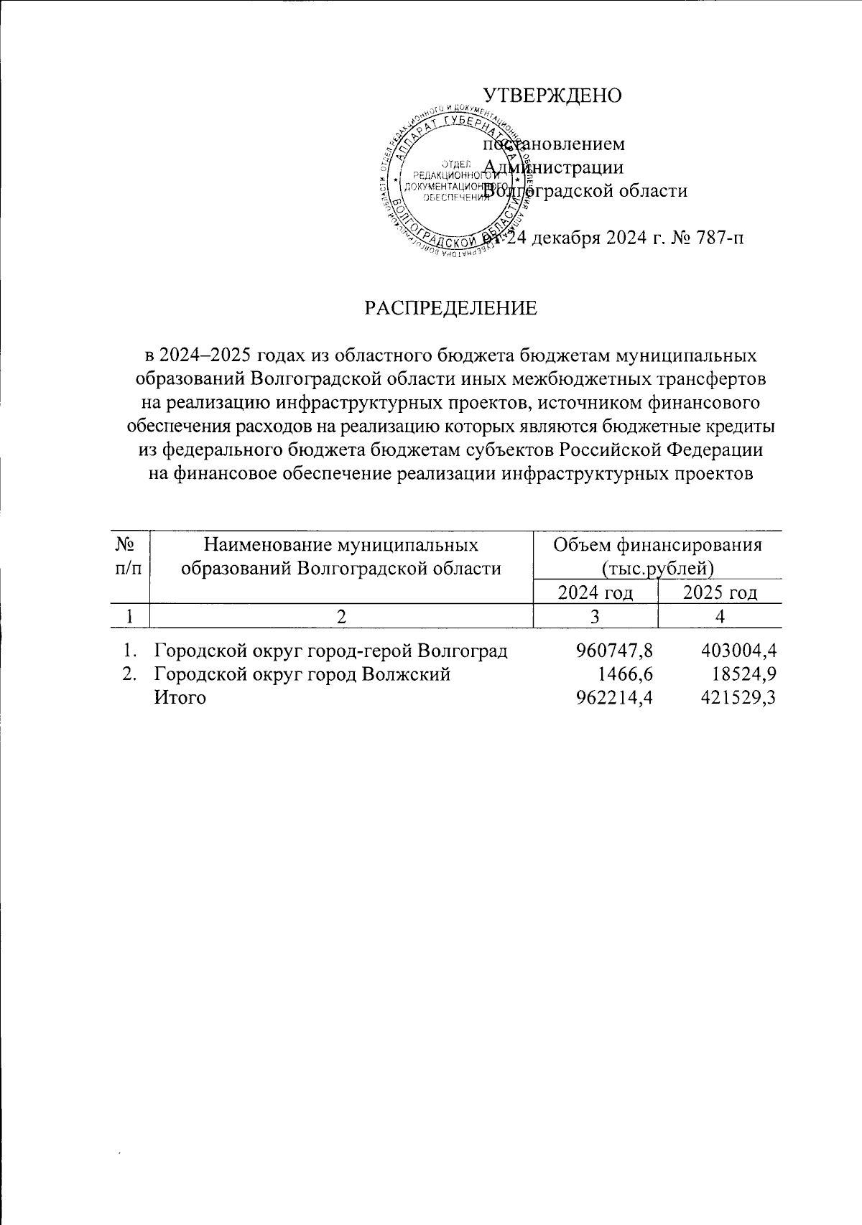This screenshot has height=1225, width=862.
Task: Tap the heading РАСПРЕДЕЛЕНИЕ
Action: point(450,308)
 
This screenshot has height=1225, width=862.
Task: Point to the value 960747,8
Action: point(613,651)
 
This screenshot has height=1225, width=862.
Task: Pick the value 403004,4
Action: point(738,651)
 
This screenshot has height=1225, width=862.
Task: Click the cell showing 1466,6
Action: point(626,674)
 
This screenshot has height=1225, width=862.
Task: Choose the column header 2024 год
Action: point(595,593)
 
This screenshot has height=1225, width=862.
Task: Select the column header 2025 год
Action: point(720,593)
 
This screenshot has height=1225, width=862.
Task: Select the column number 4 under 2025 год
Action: point(720,616)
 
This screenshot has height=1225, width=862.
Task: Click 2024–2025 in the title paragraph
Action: point(208,355)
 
